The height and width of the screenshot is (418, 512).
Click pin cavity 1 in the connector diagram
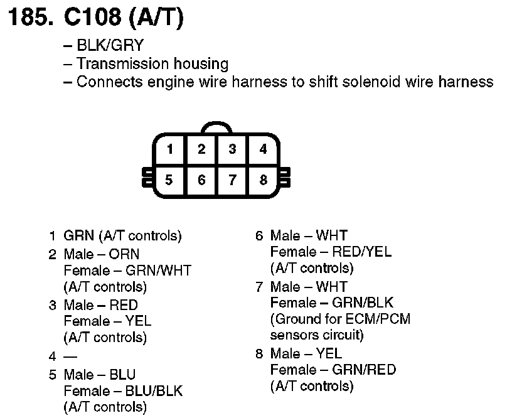click(169, 149)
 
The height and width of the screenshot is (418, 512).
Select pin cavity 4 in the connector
click(263, 149)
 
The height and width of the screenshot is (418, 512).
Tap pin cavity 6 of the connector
click(201, 180)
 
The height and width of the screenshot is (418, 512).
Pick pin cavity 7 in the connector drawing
click(232, 180)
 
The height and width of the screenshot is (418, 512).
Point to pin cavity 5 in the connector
click(169, 180)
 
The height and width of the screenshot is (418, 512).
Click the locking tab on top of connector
click(216, 127)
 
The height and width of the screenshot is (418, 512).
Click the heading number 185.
click(29, 19)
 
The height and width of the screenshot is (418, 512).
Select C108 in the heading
click(92, 19)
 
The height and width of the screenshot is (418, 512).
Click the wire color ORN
click(124, 254)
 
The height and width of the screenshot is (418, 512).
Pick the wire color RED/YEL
click(361, 252)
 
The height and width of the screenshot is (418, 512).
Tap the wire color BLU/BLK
click(154, 391)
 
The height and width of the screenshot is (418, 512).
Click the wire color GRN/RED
click(365, 370)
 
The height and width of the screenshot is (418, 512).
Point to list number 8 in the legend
click(259, 353)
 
